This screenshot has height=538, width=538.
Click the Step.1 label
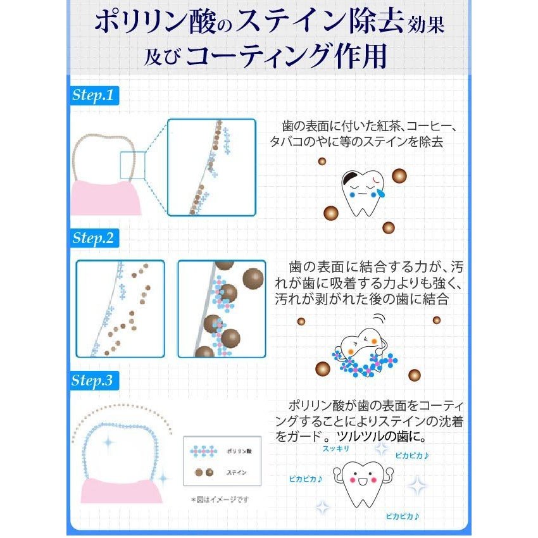click(93, 95)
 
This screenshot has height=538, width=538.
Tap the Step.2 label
click(93, 238)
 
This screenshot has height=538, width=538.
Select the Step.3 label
click(92, 380)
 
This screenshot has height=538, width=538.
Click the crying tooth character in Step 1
click(362, 193)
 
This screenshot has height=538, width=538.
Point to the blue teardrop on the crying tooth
click(380, 193)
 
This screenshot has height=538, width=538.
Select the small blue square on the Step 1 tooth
click(132, 165)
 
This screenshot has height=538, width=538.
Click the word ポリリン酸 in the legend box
click(239, 451)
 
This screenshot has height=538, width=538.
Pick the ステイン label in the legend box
click(237, 472)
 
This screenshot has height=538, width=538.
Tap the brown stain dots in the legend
click(204, 472)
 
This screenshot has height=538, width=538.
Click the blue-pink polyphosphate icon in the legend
click(204, 451)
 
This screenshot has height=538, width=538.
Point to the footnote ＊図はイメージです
click(220, 499)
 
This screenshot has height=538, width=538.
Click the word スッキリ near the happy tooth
click(335, 449)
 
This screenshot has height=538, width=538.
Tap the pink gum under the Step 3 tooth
click(121, 491)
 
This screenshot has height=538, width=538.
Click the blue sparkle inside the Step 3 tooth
click(108, 442)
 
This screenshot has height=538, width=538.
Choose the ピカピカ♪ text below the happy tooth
click(402, 516)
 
